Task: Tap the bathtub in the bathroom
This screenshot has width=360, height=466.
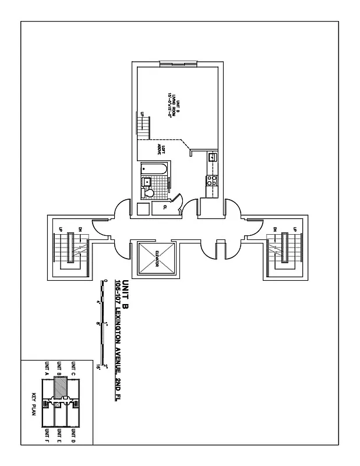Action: [155, 170]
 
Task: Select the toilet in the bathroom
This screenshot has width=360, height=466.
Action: [149, 193]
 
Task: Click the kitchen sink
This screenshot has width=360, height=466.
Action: [213, 157]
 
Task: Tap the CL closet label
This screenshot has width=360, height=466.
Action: [165, 206]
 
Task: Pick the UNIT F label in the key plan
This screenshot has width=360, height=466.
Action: [46, 436]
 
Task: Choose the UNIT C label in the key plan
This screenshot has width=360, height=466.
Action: [73, 369]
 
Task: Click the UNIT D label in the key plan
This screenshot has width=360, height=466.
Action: [73, 436]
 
